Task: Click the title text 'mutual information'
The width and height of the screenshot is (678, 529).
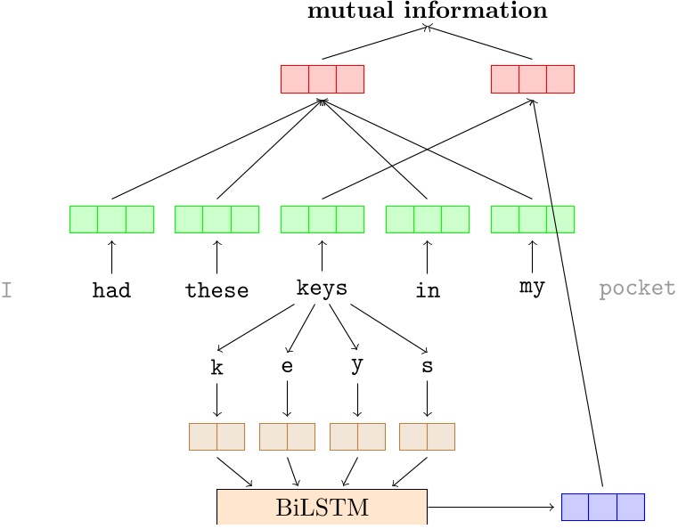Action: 427,11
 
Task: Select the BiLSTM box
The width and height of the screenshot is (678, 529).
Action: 322,508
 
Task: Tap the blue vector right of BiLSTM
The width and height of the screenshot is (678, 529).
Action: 602,507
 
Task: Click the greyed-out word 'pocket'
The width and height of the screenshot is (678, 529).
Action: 636,289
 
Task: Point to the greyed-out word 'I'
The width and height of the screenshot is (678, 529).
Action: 6,289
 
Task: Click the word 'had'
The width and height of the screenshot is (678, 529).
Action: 111,290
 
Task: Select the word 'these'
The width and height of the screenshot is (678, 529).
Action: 216,290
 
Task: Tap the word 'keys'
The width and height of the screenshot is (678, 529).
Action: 322,289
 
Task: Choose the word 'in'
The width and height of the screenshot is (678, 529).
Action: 428,290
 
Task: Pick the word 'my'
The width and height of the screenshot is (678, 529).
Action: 532,288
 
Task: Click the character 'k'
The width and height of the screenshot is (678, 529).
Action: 216,368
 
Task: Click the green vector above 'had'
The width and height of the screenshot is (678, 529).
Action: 111,219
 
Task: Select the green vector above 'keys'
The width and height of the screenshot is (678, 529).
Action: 322,219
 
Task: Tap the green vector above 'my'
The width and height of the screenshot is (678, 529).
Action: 532,219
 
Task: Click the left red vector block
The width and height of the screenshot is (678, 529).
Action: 322,79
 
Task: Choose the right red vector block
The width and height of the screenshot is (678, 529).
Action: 532,79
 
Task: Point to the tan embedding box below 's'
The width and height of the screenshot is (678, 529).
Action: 427,436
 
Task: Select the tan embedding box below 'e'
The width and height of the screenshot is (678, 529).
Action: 287,436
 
